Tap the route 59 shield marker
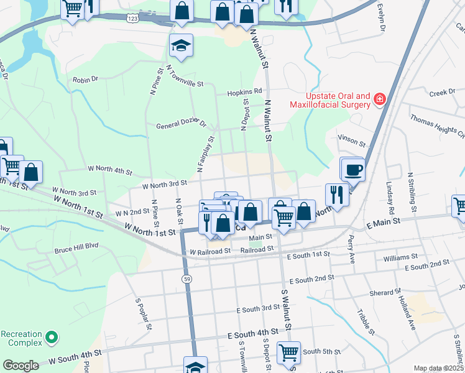tap(187, 279)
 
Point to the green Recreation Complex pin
tap(52, 338)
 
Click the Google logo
tap(21, 366)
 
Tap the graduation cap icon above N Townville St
tap(181, 45)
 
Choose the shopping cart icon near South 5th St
tap(288, 352)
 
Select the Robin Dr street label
tap(86, 80)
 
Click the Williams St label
tap(400, 257)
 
